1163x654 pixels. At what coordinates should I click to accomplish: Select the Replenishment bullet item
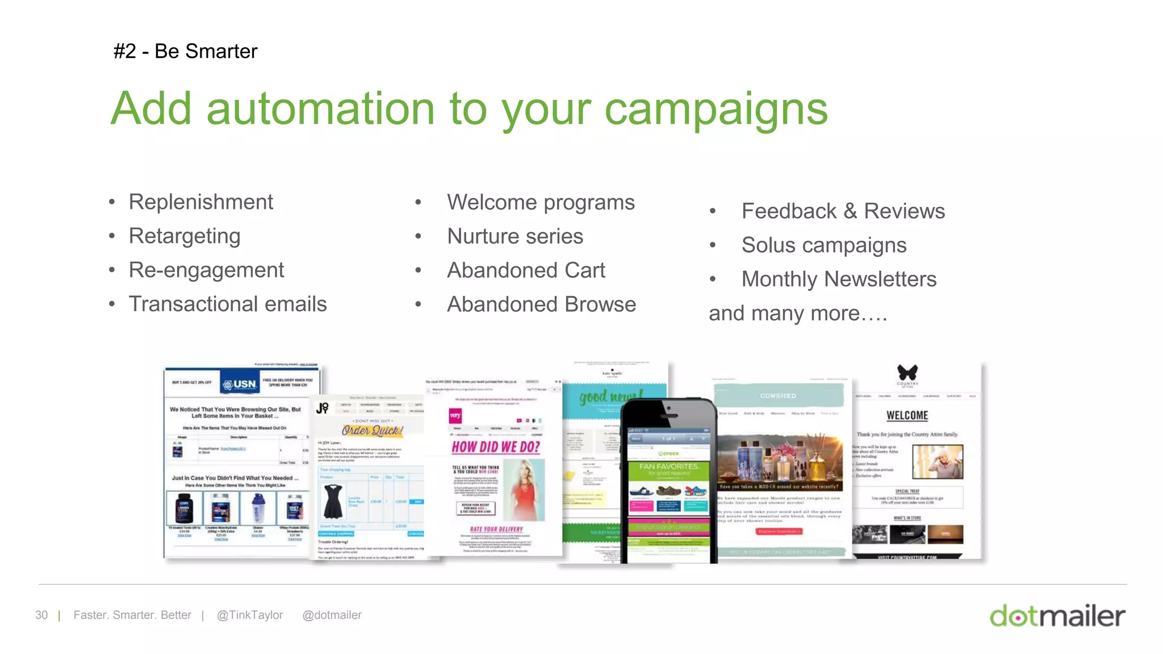pyautogui.click(x=200, y=202)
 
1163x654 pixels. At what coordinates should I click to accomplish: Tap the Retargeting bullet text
pyautogui.click(x=185, y=236)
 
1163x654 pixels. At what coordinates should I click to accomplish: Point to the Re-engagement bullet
pyautogui.click(x=206, y=270)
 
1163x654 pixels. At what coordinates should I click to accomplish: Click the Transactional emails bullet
pyautogui.click(x=228, y=304)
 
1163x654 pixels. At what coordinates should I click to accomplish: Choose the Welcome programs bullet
pyautogui.click(x=541, y=203)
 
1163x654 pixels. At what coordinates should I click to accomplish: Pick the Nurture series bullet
pyautogui.click(x=515, y=237)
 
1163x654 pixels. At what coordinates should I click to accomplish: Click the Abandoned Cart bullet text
pyautogui.click(x=526, y=271)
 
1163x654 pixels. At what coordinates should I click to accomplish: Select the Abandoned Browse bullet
pyautogui.click(x=541, y=305)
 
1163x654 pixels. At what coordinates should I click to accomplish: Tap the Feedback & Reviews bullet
pyautogui.click(x=843, y=211)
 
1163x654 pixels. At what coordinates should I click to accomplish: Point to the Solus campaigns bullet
pyautogui.click(x=823, y=245)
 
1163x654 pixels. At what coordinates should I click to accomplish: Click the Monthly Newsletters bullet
pyautogui.click(x=839, y=279)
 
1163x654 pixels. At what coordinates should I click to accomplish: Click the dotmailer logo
pyautogui.click(x=1057, y=616)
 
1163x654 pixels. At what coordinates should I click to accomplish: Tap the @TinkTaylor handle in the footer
pyautogui.click(x=250, y=615)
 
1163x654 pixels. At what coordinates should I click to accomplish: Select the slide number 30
pyautogui.click(x=41, y=615)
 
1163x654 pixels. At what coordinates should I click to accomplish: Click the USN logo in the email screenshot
pyautogui.click(x=240, y=384)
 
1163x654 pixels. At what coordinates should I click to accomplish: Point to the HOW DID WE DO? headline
pyautogui.click(x=496, y=447)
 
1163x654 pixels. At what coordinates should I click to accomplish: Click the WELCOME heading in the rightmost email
pyautogui.click(x=907, y=416)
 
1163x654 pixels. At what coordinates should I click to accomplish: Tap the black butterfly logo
pyautogui.click(x=907, y=372)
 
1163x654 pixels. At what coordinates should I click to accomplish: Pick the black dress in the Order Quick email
pyautogui.click(x=333, y=501)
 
